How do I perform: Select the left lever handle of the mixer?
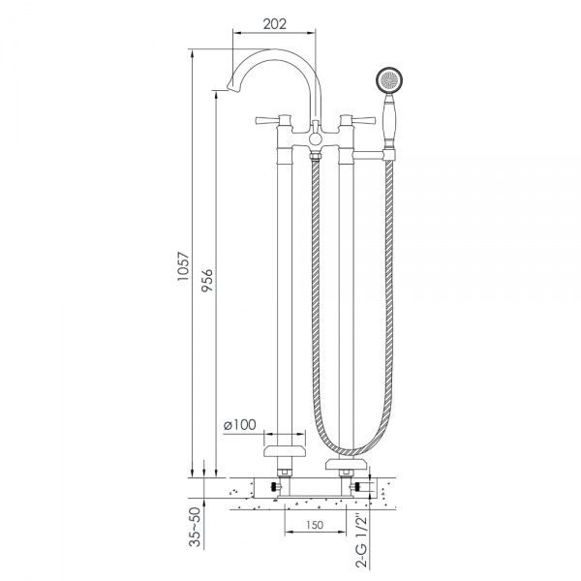click(270, 122)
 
